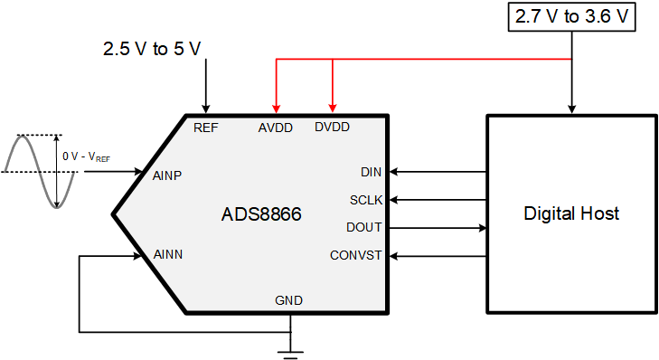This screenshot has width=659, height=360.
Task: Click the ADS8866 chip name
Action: [261, 215]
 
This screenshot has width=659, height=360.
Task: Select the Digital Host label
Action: [571, 213]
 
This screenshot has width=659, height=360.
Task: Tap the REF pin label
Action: [206, 128]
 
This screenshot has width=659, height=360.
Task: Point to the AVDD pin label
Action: [276, 128]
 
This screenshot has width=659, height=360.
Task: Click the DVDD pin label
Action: [332, 128]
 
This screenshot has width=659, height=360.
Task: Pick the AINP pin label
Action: [168, 175]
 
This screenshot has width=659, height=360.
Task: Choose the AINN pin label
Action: [168, 255]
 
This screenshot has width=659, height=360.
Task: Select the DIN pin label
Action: [371, 172]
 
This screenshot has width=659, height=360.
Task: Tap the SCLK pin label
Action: [366, 199]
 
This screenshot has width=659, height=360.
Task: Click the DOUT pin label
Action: [364, 227]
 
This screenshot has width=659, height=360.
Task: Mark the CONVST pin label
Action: [356, 255]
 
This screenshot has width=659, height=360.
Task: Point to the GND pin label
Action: [289, 300]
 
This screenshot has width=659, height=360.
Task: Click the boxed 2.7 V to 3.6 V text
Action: [571, 16]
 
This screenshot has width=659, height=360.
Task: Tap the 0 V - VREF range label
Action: [87, 156]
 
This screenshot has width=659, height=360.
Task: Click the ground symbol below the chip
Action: [289, 347]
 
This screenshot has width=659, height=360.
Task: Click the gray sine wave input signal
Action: [36, 171]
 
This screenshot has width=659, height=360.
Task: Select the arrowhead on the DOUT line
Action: [481, 227]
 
